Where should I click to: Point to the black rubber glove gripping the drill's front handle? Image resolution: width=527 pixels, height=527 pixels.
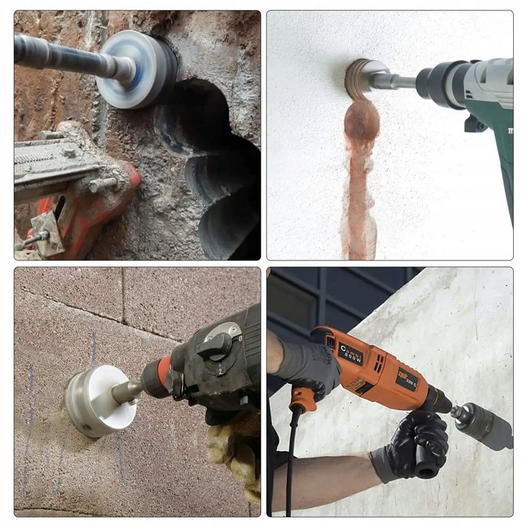pos(414,443)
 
